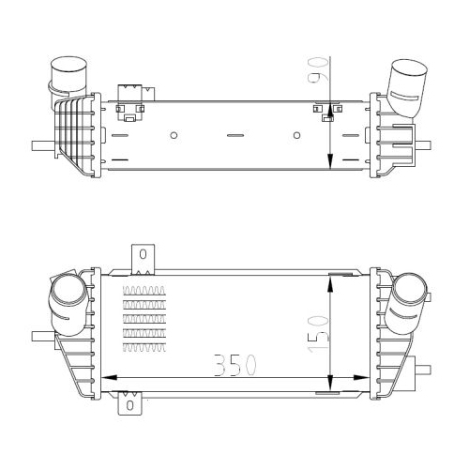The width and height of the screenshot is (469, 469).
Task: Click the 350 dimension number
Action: click(x=235, y=365)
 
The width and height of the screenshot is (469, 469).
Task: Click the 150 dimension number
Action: click(x=319, y=334)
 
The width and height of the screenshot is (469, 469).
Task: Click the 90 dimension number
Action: click(x=318, y=70)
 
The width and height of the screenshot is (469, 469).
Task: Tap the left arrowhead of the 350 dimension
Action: click(x=110, y=378)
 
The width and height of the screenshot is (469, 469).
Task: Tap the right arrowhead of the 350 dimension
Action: click(x=361, y=378)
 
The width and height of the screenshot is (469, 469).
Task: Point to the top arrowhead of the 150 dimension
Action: click(x=330, y=284)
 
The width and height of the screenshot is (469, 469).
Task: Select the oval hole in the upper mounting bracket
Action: click(x=143, y=254)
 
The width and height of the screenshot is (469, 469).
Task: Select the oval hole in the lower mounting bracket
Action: click(x=129, y=405)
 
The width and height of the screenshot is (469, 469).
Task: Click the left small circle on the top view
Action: click(x=174, y=135)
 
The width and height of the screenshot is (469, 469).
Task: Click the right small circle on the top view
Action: click(x=297, y=135)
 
